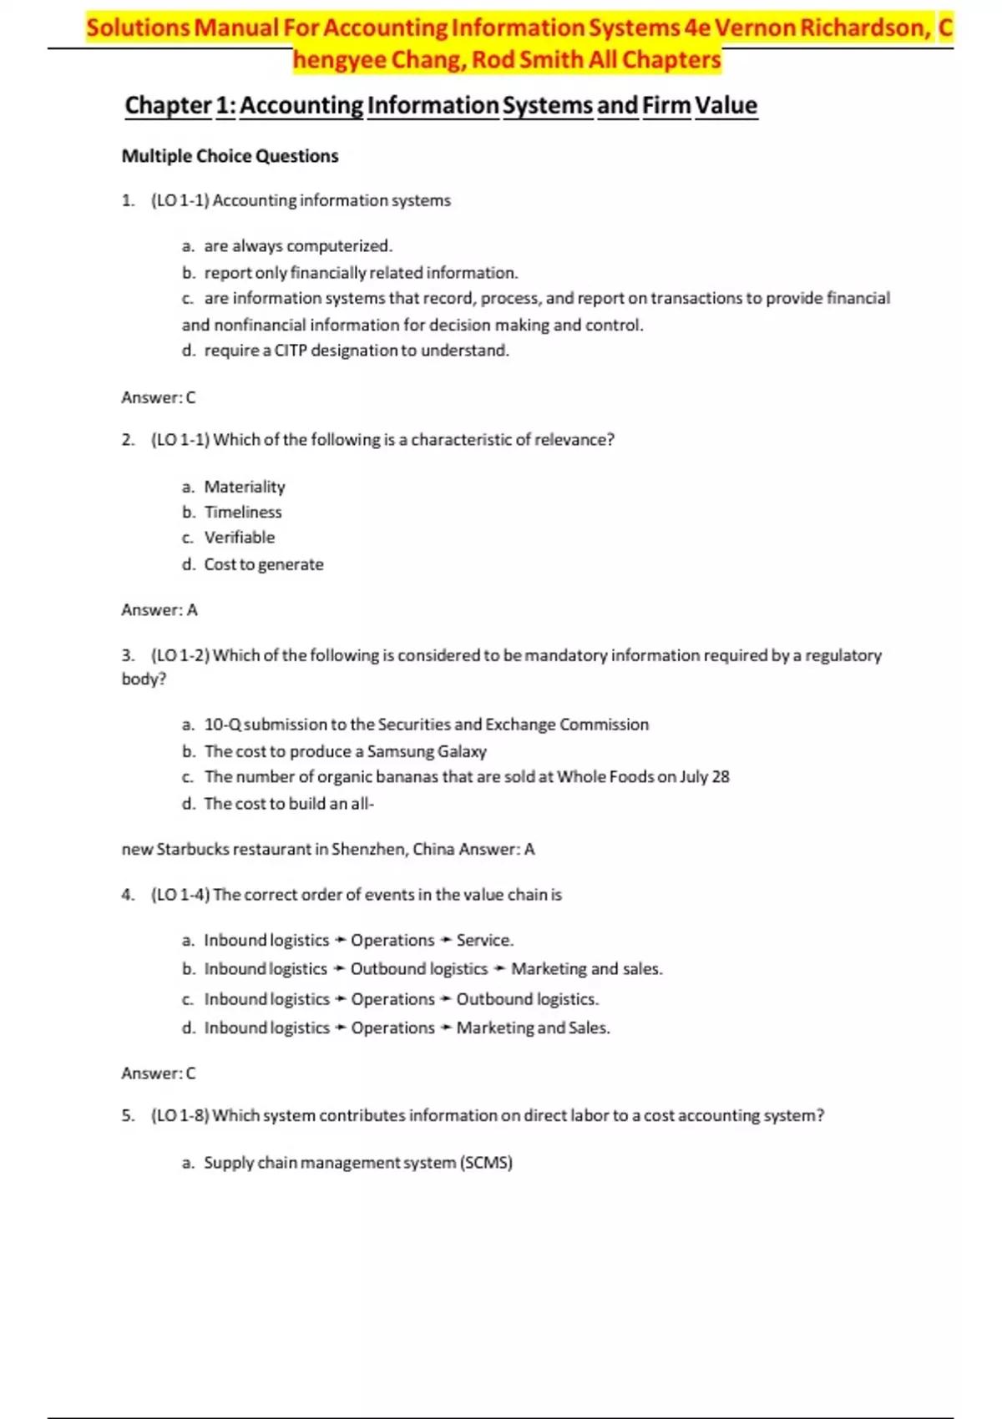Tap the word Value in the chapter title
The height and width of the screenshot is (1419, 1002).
(726, 106)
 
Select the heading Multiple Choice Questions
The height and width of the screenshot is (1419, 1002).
(230, 156)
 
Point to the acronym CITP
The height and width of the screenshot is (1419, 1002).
(291, 351)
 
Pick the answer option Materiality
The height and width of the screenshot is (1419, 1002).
(245, 487)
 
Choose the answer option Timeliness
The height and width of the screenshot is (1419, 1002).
(243, 513)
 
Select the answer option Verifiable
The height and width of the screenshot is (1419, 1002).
(240, 538)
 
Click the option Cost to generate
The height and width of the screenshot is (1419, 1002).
(264, 565)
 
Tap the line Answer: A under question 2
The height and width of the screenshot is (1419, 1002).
(159, 610)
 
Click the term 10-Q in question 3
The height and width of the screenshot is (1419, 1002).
(222, 725)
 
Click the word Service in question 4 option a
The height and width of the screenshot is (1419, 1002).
(483, 941)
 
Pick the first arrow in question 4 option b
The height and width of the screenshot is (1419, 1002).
(339, 969)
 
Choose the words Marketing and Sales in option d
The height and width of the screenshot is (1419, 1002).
(532, 1028)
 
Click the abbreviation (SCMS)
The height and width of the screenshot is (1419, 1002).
(486, 1163)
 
